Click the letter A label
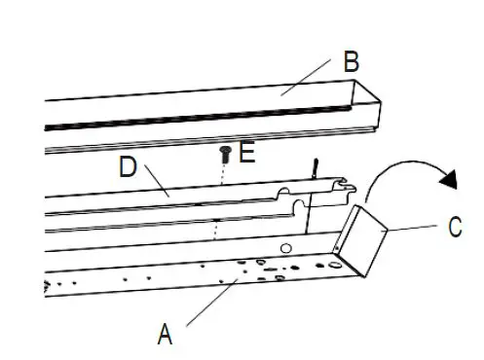coord(166,336)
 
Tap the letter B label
coord(351,62)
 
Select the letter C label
coord(454,229)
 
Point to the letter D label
coord(128,166)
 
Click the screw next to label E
coord(226,152)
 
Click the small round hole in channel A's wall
coord(286,250)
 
